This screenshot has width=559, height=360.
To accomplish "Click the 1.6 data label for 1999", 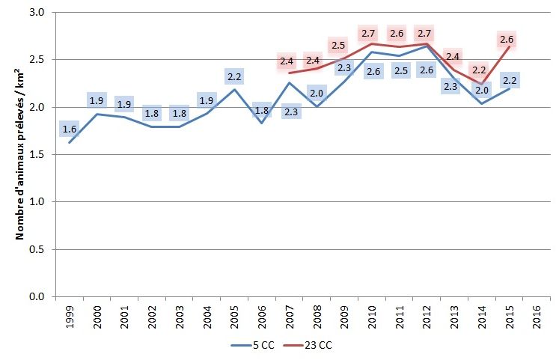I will pos(70,129).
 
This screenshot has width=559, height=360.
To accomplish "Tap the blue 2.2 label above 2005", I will pos(235,76).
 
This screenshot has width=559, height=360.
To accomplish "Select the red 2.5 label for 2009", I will pos(338,45).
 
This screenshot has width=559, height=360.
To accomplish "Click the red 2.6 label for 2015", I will pos(509,40).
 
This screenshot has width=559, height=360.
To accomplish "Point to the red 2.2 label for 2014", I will pos(479,70).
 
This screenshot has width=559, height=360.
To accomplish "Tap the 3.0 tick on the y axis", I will pos(38,13).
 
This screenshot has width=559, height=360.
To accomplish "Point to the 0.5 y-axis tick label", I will pos(38,249).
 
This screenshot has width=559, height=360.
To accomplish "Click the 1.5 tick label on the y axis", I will pos(38,154).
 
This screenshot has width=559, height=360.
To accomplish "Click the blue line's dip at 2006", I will pos(262,123).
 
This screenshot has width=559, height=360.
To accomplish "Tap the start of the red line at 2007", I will pos(289,73).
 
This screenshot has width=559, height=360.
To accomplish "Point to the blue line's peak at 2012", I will pos(424,46).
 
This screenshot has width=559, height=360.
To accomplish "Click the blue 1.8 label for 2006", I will pos(262,110).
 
